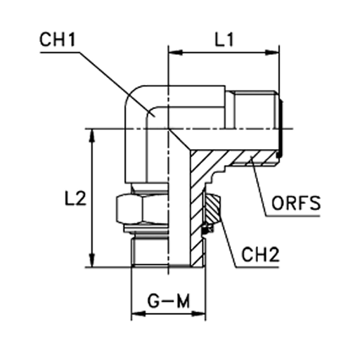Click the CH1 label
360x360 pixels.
tap(58, 39)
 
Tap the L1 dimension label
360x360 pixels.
tap(224, 39)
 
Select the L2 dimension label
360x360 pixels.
tap(75, 198)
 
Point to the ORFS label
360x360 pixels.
tap(296, 202)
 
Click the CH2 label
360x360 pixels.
tap(260, 255)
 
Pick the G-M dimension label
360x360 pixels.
tap(168, 301)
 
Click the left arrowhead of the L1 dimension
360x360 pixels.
tap(175, 53)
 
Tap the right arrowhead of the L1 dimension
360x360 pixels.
tap(272, 53)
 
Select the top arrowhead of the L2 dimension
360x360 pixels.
tap(93, 136)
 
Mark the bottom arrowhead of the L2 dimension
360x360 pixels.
tap(93, 260)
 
